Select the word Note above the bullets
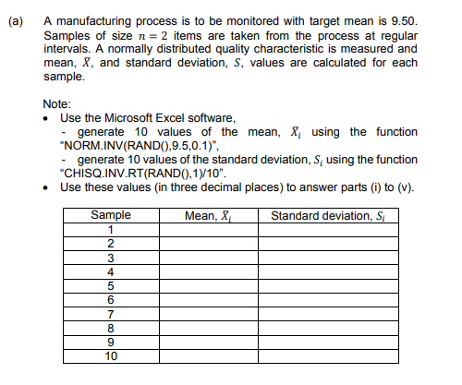coord(56,105)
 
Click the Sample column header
coord(111,216)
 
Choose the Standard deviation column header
coord(328,216)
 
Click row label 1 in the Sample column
coord(111,229)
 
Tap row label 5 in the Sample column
coord(111,285)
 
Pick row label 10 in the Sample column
coord(111,355)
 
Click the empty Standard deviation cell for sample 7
coord(328,313)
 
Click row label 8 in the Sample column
coord(111,327)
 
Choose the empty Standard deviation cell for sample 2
coord(328,244)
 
